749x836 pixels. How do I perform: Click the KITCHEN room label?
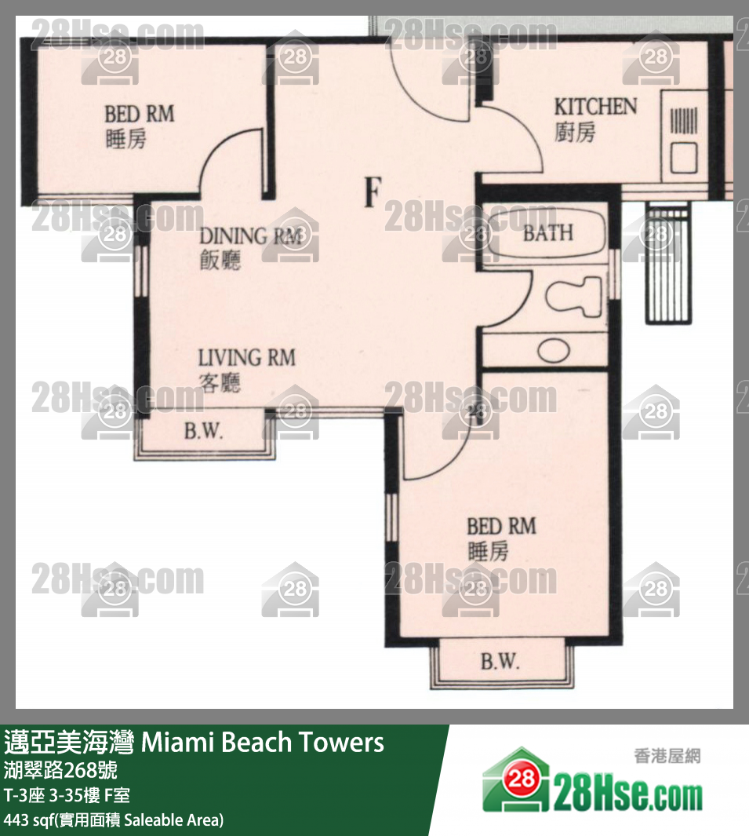tap(595, 107)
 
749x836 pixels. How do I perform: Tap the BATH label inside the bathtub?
tap(548, 233)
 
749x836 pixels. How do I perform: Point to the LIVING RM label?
tap(246, 358)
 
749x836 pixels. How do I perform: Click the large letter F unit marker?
tap(373, 192)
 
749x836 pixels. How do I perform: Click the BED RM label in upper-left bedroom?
tap(139, 114)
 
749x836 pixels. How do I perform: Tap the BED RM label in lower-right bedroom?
tap(501, 527)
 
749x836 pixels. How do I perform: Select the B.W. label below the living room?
tap(203, 431)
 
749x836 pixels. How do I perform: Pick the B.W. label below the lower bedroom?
tap(500, 662)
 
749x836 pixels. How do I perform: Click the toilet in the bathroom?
tap(574, 296)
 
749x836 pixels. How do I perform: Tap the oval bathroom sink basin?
tap(554, 350)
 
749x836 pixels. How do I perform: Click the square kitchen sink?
tap(683, 157)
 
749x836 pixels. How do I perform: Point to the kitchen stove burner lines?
tap(683, 121)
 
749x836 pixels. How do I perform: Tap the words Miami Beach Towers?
tap(262, 742)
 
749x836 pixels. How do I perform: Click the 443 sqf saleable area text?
tap(114, 820)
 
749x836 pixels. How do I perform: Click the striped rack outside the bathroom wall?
tap(668, 263)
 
